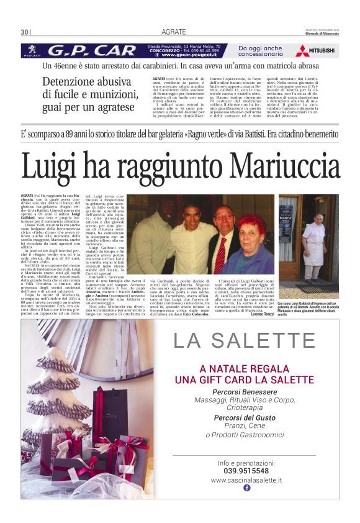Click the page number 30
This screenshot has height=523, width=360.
[24, 32]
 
